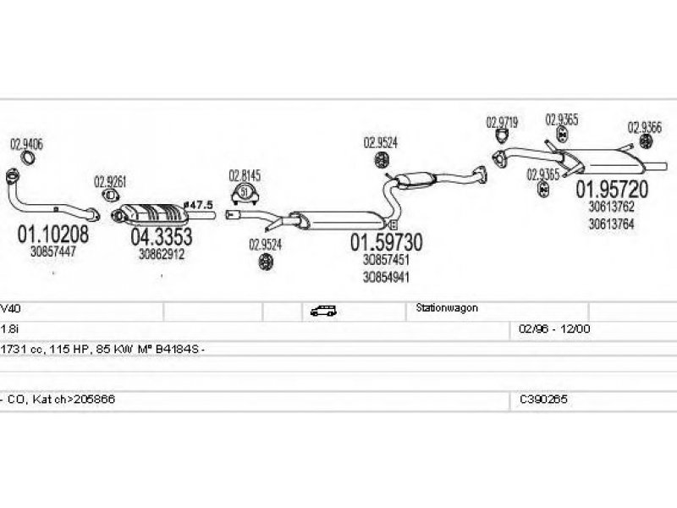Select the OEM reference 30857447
tap(52, 251)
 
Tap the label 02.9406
tap(26, 144)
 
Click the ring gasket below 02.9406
tap(27, 160)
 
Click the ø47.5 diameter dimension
tap(198, 205)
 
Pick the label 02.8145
tap(245, 176)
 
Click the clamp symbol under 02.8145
tap(245, 193)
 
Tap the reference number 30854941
tap(387, 277)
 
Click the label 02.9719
tap(502, 123)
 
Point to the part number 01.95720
tap(613, 190)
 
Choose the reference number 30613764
tap(611, 224)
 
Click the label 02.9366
tap(644, 127)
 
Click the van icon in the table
tap(322, 311)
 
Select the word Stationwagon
tap(447, 309)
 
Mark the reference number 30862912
tap(162, 253)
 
